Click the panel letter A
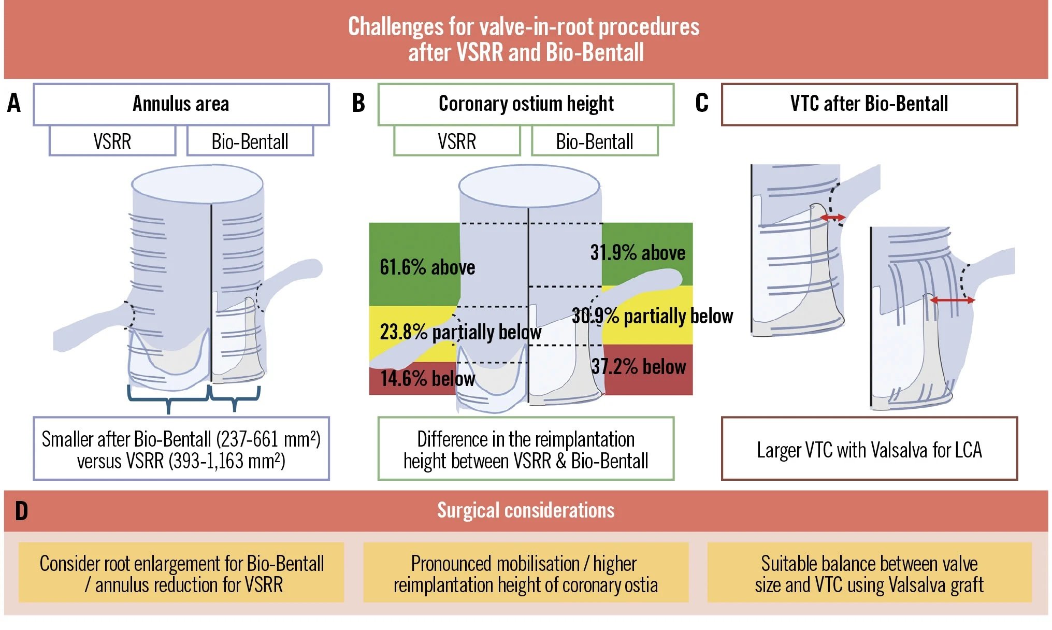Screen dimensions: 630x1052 pos(14,103)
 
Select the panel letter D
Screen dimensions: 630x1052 pos(21,511)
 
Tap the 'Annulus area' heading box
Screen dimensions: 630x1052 pos(181,104)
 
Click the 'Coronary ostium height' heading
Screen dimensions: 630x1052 pos(526,104)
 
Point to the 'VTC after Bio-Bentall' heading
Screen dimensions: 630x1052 pos(869,104)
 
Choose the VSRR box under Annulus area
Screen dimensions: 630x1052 pos(112,141)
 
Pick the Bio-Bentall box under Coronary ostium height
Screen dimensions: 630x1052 pos(594,141)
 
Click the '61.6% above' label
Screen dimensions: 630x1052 pos(427,267)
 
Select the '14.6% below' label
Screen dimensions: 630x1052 pos(427,378)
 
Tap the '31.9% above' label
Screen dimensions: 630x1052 pos(638,253)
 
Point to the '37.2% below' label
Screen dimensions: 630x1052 pos(639,367)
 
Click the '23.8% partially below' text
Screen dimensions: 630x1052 pos(460,332)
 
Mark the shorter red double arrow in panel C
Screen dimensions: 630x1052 pos(832,218)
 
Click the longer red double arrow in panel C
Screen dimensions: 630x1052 pos(952,300)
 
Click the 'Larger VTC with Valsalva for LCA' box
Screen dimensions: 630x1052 pos(869,449)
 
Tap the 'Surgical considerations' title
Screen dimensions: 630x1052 pos(526,510)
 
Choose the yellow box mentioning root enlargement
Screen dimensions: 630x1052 pos(181,573)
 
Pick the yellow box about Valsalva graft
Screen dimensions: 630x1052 pos(869,573)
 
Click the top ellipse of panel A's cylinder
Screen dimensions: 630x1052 pos(197,184)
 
